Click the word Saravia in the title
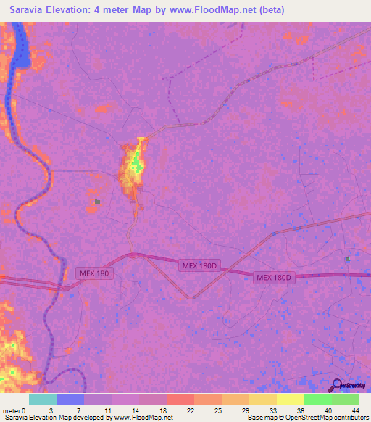[x=30, y=10]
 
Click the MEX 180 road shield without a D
[x=95, y=273]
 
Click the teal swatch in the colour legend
[x=42, y=400]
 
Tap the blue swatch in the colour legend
[x=70, y=400]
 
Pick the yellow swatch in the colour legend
[x=290, y=400]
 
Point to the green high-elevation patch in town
[x=136, y=166]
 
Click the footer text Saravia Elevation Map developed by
[x=58, y=418]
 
